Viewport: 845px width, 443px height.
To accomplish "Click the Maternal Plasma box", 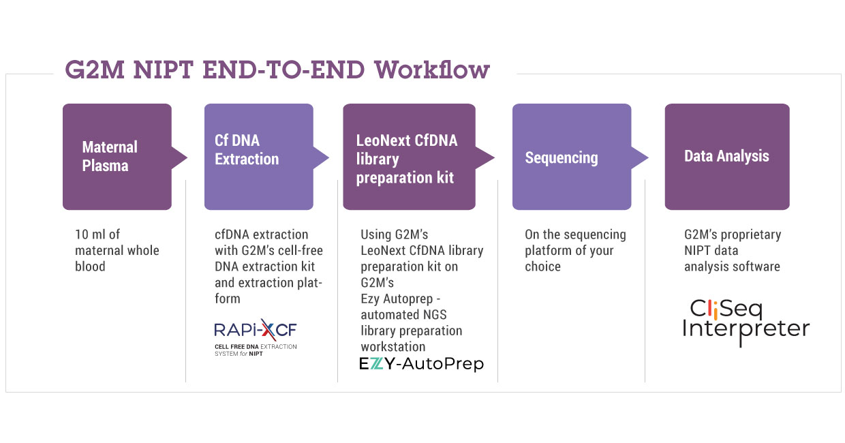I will point(117,157).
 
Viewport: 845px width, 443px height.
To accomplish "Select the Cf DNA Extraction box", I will point(258,157).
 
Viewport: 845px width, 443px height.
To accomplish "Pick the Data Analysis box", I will point(726,157).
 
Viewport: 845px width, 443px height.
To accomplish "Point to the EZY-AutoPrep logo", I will point(421,364).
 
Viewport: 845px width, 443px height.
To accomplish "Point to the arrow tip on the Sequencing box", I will point(644,157).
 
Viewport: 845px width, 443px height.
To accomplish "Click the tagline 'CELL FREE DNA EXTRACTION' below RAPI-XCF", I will point(256,347).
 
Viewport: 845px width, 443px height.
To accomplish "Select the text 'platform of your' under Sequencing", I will point(569,250).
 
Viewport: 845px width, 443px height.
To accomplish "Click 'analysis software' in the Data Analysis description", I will point(732,266).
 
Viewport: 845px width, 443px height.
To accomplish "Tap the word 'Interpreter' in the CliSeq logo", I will point(746,330).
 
